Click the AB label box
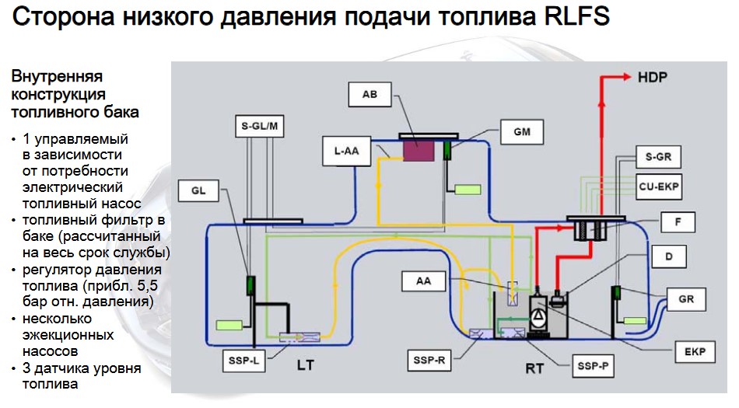369,95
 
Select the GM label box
522,132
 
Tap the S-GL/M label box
261,125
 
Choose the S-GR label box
657,157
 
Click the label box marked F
678,223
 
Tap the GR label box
686,298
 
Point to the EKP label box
695,351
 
